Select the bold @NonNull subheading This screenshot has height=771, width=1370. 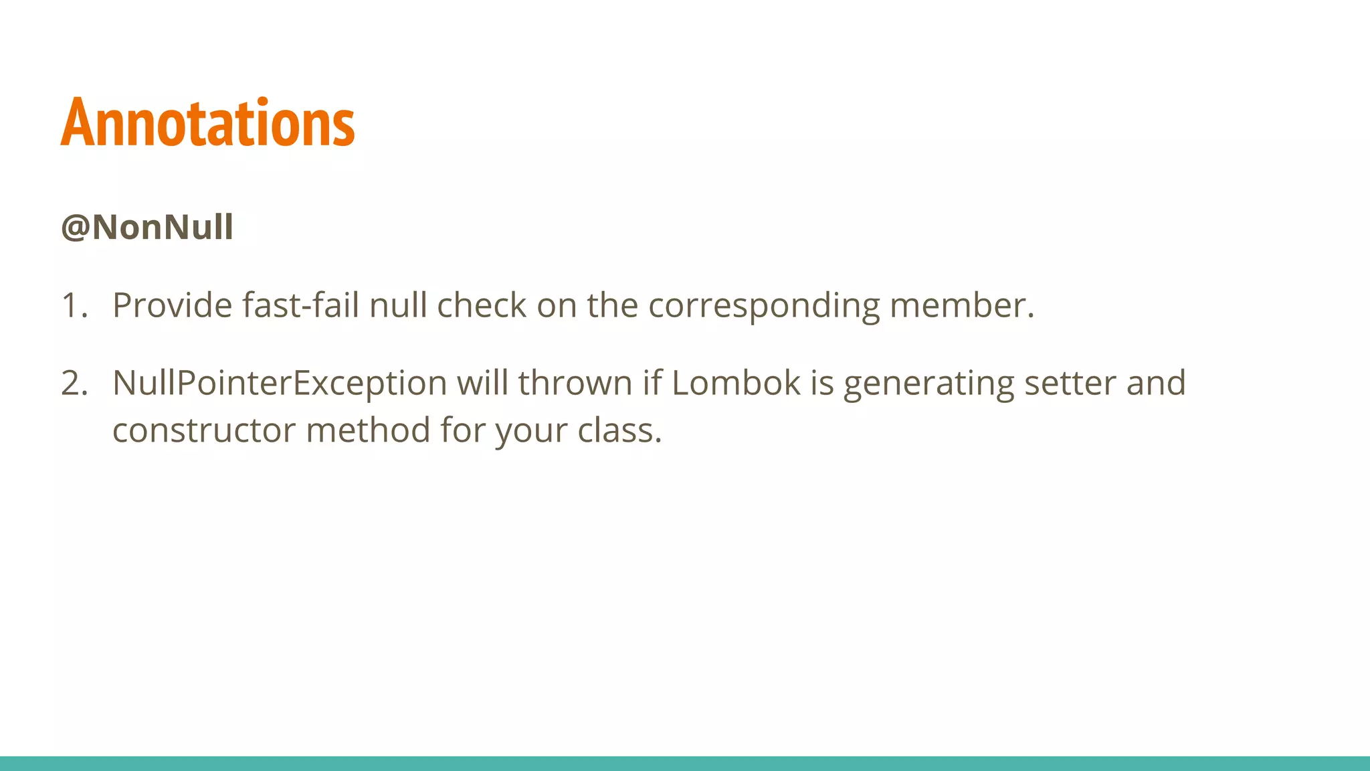pyautogui.click(x=146, y=227)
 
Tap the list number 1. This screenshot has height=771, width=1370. pyautogui.click(x=73, y=305)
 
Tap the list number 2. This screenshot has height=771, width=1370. pyautogui.click(x=74, y=383)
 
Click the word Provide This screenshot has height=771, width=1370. pyautogui.click(x=172, y=305)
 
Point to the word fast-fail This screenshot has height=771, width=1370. pyautogui.click(x=300, y=305)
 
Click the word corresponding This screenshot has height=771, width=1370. pyautogui.click(x=764, y=307)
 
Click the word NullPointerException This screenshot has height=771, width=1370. pyautogui.click(x=280, y=383)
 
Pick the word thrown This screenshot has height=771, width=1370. pyautogui.click(x=575, y=383)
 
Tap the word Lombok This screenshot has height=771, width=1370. pyautogui.click(x=736, y=383)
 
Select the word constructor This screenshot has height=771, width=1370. pyautogui.click(x=203, y=430)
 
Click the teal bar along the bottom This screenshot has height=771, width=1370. pyautogui.click(x=685, y=763)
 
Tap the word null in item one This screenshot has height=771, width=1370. pyautogui.click(x=398, y=305)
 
